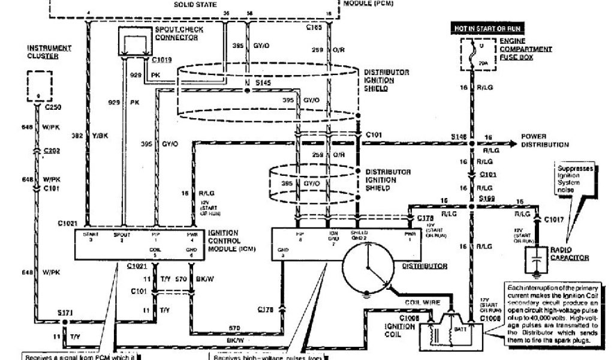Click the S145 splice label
click(x=264, y=82)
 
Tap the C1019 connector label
click(x=162, y=60)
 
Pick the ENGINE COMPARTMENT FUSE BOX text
click(x=525, y=49)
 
